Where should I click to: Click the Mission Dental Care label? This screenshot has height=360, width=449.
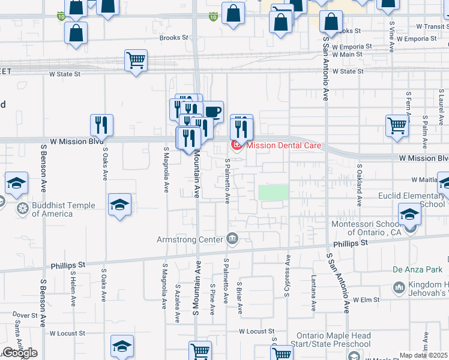tap(283, 145)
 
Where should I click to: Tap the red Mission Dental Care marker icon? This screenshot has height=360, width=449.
tap(237, 145)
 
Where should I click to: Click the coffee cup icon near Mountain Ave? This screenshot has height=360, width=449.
tap(213, 112)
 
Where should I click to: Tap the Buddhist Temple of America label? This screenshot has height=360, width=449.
tap(63, 209)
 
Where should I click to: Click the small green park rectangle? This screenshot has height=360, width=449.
tap(274, 193)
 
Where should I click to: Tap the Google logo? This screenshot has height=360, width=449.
tap(20, 353)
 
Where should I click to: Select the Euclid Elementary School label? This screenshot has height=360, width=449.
tap(411, 200)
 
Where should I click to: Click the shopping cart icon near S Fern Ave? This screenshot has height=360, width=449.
tap(397, 126)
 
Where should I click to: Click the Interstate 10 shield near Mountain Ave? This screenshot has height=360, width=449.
tap(213, 17)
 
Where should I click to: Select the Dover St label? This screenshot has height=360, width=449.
tap(25, 314)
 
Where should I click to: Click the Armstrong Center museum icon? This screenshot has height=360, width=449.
tap(232, 240)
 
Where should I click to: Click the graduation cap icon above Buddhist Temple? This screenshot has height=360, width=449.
tap(16, 183)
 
